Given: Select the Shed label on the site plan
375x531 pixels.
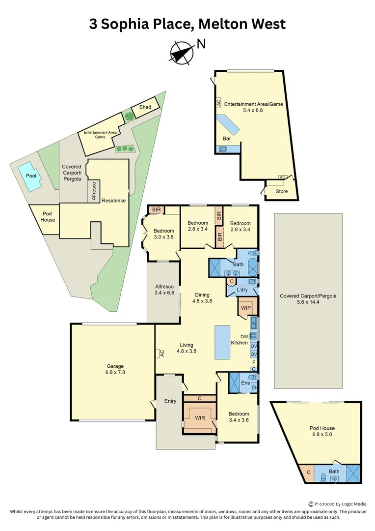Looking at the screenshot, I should pyautogui.click(x=145, y=107).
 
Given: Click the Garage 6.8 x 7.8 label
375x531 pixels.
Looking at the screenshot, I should pyautogui.click(x=115, y=369).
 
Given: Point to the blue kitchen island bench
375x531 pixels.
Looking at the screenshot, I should pyautogui.click(x=222, y=342).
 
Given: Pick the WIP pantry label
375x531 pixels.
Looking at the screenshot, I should pyautogui.click(x=245, y=308).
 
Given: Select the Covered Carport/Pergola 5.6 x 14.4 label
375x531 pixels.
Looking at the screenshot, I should pyautogui.click(x=308, y=299).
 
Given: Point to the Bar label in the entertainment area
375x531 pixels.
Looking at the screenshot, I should pyautogui.click(x=227, y=139).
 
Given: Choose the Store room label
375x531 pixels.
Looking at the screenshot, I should pyautogui.click(x=281, y=192).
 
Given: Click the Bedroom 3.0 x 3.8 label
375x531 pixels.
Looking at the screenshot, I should pyautogui.click(x=163, y=234).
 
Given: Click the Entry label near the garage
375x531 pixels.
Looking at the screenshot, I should pyautogui.click(x=170, y=401).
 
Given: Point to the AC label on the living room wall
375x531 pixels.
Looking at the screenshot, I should pyautogui.click(x=161, y=353).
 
